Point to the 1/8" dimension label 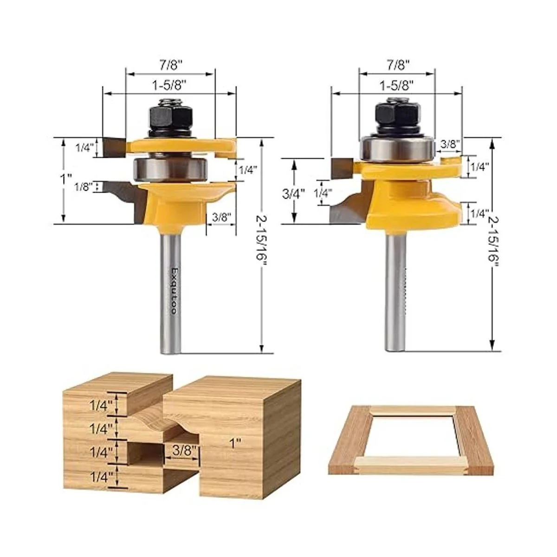pos(83,187)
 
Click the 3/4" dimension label pos(294,194)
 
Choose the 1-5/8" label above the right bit pos(396,85)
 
